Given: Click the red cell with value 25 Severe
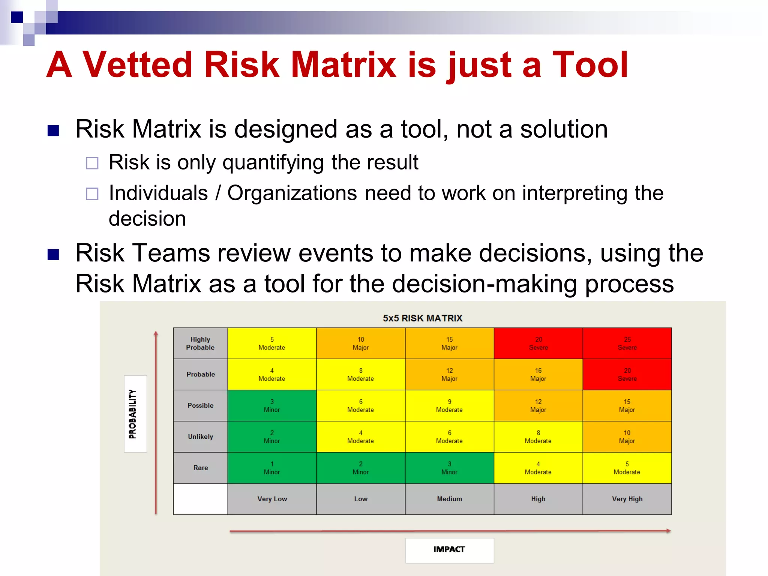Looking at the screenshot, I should [627, 343].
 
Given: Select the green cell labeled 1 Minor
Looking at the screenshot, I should [272, 468].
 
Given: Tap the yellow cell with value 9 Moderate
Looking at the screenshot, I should [449, 405].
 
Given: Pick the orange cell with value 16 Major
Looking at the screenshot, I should [538, 374].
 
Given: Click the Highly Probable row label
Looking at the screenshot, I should [200, 343].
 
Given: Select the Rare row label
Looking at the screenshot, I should [200, 468].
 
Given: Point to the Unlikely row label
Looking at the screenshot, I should [200, 436].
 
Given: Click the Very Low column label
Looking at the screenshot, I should [272, 499].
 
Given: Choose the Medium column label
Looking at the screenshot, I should [449, 499].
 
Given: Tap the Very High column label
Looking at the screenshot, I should [627, 499].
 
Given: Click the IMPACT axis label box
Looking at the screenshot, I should [449, 550].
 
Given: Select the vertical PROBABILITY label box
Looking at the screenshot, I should [135, 414].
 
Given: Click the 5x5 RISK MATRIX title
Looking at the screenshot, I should [422, 318].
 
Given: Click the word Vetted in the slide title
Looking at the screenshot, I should [137, 65].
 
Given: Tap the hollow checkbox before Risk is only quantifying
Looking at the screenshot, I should [92, 163].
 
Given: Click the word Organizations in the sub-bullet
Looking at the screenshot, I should [292, 193].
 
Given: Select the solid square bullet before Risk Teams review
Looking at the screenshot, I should [53, 255].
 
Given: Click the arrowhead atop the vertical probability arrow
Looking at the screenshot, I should [156, 333].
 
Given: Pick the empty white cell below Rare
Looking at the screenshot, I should [200, 499].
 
